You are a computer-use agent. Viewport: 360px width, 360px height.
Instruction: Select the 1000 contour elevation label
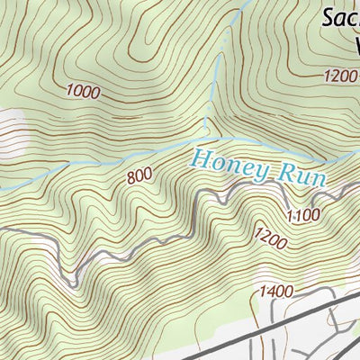83,91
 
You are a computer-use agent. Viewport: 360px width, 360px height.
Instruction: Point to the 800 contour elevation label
139,177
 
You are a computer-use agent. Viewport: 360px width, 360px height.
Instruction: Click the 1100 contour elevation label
304,214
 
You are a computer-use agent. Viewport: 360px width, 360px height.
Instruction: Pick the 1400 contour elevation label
276,291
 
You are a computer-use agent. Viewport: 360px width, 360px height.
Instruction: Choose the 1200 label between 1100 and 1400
270,239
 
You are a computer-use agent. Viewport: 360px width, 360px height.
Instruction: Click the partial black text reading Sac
341,16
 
